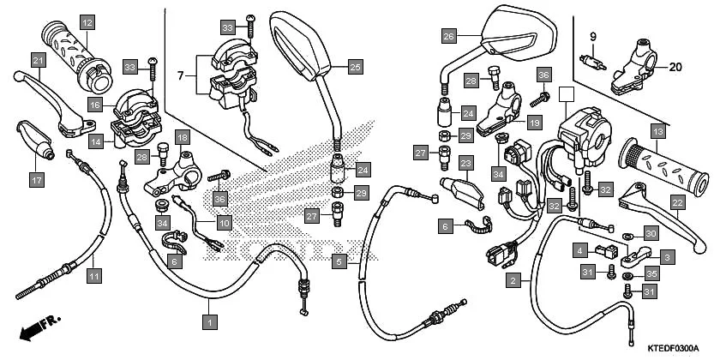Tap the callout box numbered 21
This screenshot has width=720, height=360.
(x=37, y=60)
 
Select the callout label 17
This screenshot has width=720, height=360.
(x=36, y=180)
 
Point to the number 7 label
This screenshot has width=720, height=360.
(x=181, y=76)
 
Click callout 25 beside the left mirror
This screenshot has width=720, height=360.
(x=355, y=65)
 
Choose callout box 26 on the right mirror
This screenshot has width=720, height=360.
(x=448, y=36)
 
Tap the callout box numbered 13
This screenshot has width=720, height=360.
(x=657, y=131)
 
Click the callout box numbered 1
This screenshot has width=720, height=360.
(x=207, y=321)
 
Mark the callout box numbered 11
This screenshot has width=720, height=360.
(x=92, y=275)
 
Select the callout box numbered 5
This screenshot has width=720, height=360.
(x=339, y=261)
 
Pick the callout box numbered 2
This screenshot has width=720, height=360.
(x=513, y=279)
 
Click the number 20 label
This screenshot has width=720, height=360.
(x=675, y=67)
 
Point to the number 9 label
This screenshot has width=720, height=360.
(x=592, y=35)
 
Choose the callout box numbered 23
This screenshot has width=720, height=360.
(x=465, y=163)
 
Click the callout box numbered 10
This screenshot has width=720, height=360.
(x=224, y=223)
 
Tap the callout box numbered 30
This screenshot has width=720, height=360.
(x=651, y=234)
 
